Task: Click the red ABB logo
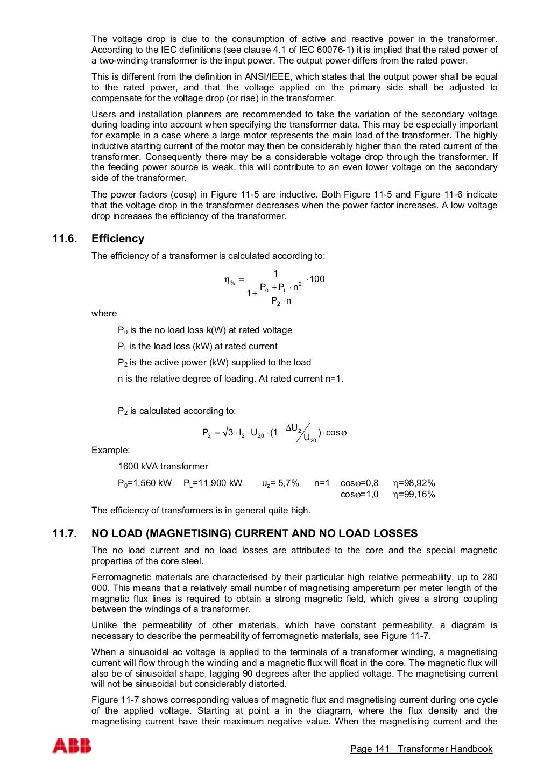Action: [72, 746]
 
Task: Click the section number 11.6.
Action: [65, 238]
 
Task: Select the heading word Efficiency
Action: [118, 238]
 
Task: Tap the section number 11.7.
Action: [65, 533]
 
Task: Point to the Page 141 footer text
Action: [369, 749]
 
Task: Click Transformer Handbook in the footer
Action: [445, 749]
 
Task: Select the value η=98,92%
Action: [414, 483]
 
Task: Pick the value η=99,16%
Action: [414, 494]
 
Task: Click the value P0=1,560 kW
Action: [145, 483]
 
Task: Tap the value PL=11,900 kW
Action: [213, 483]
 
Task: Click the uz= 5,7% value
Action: [280, 483]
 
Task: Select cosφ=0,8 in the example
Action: [359, 483]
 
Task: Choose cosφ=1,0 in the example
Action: [359, 494]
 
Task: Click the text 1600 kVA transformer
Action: [163, 466]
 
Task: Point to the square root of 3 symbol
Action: [228, 432]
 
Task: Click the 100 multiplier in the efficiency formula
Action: [317, 279]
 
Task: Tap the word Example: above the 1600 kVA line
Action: [110, 450]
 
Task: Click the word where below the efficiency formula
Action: [104, 313]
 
